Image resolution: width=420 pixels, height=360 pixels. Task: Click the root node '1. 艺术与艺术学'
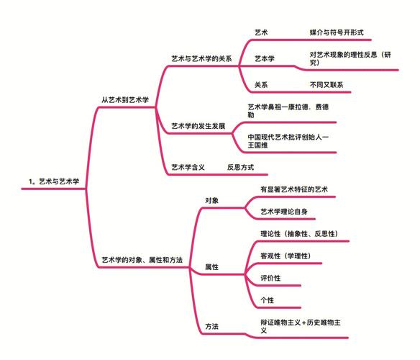(x=54, y=181)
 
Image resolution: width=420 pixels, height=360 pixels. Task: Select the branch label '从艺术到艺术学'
(x=125, y=100)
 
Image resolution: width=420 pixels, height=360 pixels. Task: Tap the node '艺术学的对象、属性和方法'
(x=142, y=260)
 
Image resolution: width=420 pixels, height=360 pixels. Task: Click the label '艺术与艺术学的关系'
(x=201, y=59)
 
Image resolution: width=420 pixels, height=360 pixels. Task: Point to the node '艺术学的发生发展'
(x=198, y=126)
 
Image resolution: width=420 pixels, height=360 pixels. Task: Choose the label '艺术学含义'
(x=188, y=167)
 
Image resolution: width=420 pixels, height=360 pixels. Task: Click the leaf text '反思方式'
(x=240, y=167)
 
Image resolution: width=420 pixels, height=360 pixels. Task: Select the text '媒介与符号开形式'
(x=337, y=32)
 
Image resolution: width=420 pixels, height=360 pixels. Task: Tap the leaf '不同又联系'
(x=327, y=85)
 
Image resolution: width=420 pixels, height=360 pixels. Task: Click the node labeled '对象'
(x=212, y=200)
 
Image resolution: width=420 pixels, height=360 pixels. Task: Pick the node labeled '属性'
(x=212, y=267)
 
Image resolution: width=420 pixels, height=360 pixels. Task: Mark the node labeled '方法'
(x=212, y=326)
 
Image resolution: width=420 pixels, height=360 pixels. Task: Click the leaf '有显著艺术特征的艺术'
(x=294, y=189)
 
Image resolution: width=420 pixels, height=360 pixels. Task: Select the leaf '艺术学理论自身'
(x=284, y=212)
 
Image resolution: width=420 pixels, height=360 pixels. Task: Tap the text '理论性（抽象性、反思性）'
(x=299, y=234)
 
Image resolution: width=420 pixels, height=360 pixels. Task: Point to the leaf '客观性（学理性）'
(x=286, y=256)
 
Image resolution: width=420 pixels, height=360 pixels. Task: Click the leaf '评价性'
(x=270, y=278)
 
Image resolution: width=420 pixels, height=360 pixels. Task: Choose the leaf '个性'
(x=268, y=300)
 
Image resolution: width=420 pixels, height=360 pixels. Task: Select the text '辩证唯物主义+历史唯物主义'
(x=301, y=326)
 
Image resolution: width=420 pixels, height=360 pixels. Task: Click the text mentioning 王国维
(x=288, y=141)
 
